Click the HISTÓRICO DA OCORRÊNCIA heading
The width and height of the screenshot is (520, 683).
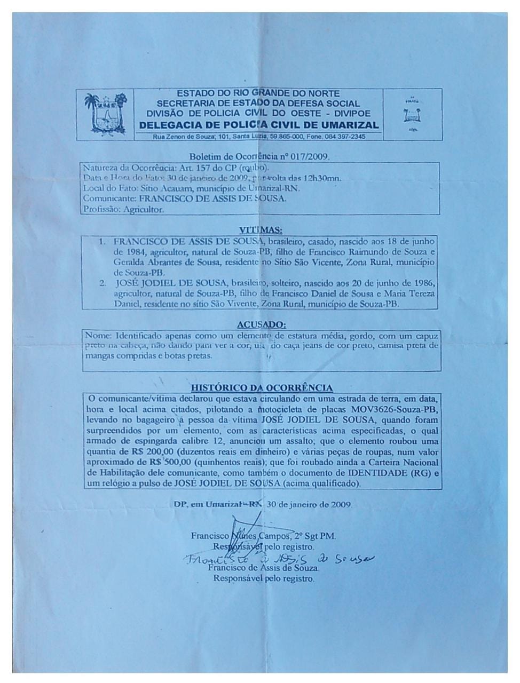(x=262, y=387)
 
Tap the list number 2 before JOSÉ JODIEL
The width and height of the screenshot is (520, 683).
(x=103, y=283)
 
